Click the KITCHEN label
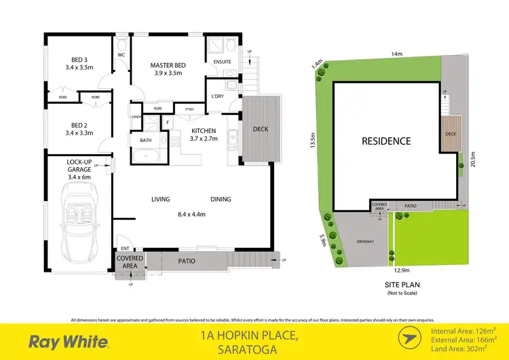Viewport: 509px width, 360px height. tap(203, 130)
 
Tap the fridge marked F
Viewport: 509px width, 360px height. tap(168, 122)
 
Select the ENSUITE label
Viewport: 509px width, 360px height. tap(223, 62)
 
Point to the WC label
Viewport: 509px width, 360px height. tap(121, 55)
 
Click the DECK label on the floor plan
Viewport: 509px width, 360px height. tap(261, 129)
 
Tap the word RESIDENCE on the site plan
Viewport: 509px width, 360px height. tap(385, 141)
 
